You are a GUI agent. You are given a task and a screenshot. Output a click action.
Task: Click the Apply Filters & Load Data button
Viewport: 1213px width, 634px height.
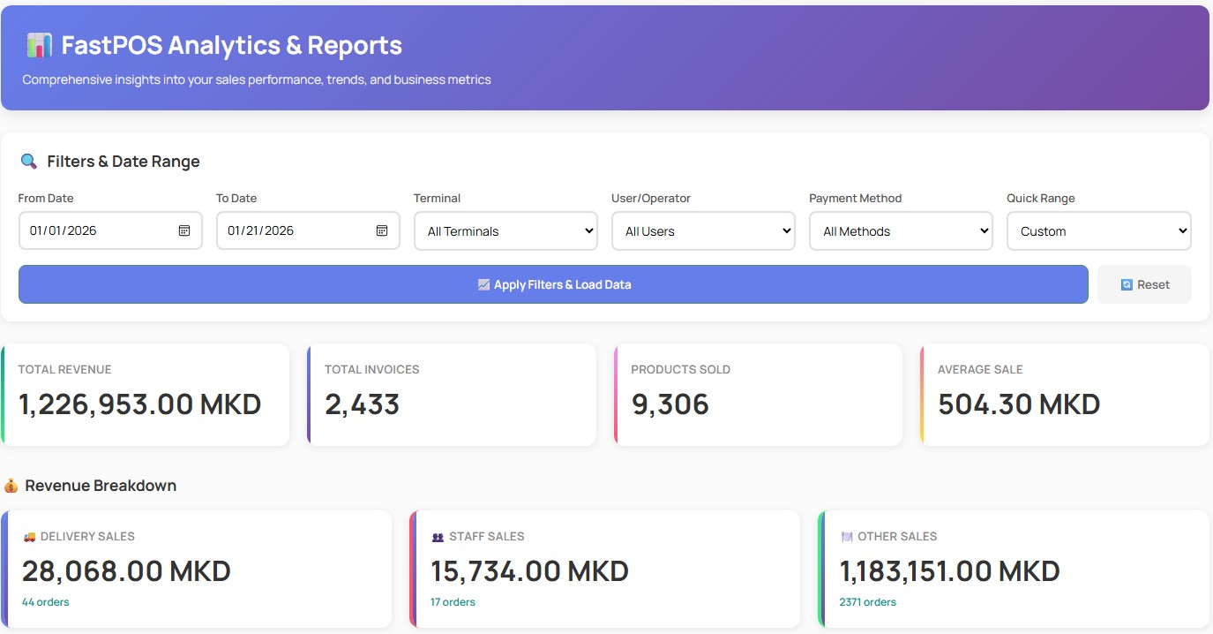click(x=553, y=284)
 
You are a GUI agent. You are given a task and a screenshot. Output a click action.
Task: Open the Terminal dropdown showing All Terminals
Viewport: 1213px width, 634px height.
click(x=505, y=231)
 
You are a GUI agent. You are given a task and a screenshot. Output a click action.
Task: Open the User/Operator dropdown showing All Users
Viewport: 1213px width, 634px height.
click(x=703, y=231)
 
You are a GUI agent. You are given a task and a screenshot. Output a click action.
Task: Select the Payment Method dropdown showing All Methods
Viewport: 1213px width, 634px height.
click(x=901, y=231)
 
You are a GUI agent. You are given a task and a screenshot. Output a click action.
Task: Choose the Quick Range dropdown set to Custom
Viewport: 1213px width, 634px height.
click(x=1098, y=231)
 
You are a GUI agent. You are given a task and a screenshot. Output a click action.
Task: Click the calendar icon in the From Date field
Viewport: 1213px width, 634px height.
click(x=184, y=230)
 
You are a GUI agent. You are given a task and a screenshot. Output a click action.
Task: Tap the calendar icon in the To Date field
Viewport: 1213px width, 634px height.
click(x=382, y=230)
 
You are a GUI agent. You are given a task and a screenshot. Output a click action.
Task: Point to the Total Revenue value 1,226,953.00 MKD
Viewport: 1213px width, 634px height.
click(x=139, y=404)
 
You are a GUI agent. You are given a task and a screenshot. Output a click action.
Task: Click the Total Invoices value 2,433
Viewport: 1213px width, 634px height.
click(x=362, y=404)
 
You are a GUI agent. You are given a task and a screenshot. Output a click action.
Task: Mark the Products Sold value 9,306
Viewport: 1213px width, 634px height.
click(x=670, y=404)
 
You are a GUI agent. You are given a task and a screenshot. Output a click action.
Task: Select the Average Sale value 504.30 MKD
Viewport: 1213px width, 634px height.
click(x=1018, y=404)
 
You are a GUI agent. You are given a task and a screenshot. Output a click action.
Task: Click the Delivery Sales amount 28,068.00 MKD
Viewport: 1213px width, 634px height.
click(x=126, y=570)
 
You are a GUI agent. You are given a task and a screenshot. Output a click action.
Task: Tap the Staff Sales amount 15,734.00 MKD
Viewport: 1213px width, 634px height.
click(x=529, y=570)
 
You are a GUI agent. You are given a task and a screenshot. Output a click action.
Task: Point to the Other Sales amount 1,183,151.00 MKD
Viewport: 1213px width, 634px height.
click(x=949, y=570)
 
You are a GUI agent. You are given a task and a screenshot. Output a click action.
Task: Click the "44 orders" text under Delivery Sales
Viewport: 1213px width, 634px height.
click(x=45, y=602)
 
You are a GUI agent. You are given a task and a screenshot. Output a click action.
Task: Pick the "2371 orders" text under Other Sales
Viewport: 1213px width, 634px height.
click(x=867, y=602)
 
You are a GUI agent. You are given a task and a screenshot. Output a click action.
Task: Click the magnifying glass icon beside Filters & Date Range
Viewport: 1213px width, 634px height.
click(x=29, y=161)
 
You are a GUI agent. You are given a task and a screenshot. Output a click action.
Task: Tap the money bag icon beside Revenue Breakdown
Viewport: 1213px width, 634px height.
click(x=11, y=486)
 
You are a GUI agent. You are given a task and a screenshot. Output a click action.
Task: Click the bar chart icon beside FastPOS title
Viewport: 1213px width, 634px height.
click(x=39, y=45)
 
